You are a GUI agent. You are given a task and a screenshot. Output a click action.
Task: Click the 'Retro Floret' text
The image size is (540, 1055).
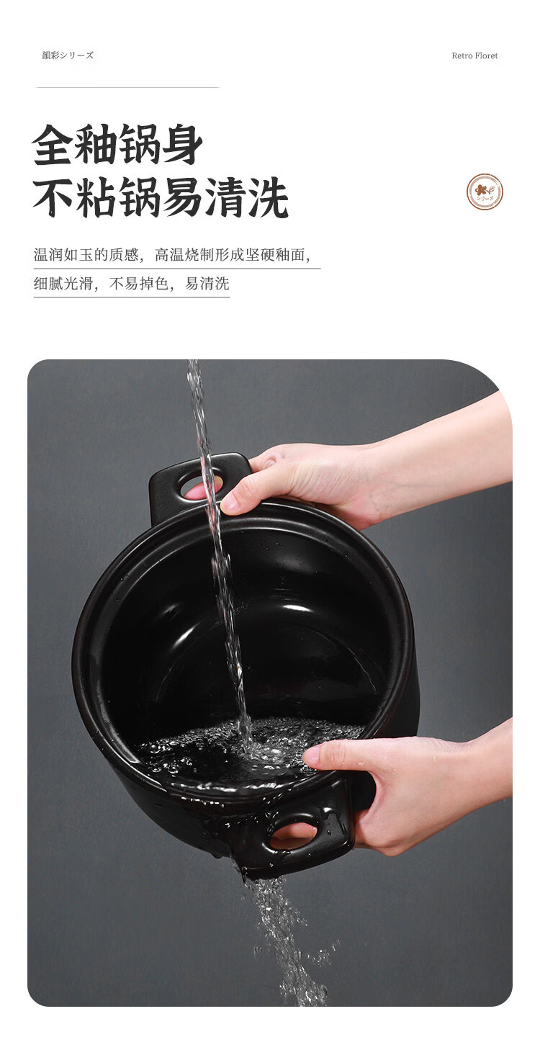pyautogui.click(x=474, y=55)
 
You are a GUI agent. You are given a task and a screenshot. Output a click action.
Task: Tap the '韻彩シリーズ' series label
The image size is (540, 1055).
pyautogui.click(x=68, y=55)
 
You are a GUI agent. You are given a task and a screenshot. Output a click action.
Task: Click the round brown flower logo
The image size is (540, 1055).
pyautogui.click(x=485, y=192)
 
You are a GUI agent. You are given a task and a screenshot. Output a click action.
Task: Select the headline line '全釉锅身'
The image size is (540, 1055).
pyautogui.click(x=117, y=144)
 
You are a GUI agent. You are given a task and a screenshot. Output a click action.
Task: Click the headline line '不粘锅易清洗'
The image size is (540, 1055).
pyautogui.click(x=161, y=198)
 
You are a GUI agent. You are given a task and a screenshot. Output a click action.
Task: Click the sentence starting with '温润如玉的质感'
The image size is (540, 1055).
pyautogui.click(x=172, y=255)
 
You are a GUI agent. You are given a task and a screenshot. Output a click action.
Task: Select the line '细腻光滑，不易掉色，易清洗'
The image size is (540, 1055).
pyautogui.click(x=131, y=284)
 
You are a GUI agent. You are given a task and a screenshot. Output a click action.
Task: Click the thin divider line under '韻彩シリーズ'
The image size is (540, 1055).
pyautogui.click(x=127, y=87)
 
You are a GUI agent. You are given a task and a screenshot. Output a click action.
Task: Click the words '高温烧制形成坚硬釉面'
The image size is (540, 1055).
pyautogui.click(x=230, y=255)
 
